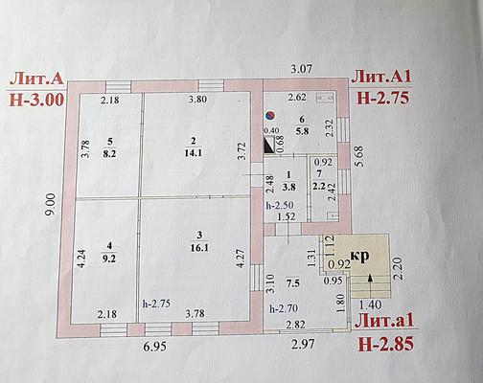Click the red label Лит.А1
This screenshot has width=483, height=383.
coord(380,78)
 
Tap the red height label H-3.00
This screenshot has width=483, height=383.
coord(36,100)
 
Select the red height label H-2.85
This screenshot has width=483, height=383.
coord(386,344)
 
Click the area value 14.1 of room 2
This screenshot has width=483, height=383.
coord(193,153)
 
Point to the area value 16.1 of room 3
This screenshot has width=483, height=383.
coord(199,247)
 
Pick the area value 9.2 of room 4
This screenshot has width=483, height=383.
coord(109,259)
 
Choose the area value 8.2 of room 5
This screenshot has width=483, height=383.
coord(109,153)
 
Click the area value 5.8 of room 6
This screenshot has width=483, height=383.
coord(302,131)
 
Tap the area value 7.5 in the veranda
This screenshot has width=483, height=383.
coord(293,283)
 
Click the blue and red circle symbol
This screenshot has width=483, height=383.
coord(270,116)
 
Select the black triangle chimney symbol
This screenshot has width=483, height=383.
coord(268,144)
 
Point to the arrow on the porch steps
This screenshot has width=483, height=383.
coord(370,285)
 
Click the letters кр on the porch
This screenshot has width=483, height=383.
coord(360,256)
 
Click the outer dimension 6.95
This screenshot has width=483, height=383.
coord(154,347)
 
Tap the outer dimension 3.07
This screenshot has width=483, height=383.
coord(300,69)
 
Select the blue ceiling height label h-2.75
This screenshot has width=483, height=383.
coord(156,304)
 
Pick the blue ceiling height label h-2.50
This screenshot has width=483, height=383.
coord(280,205)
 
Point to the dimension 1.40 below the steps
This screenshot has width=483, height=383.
coord(370,305)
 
